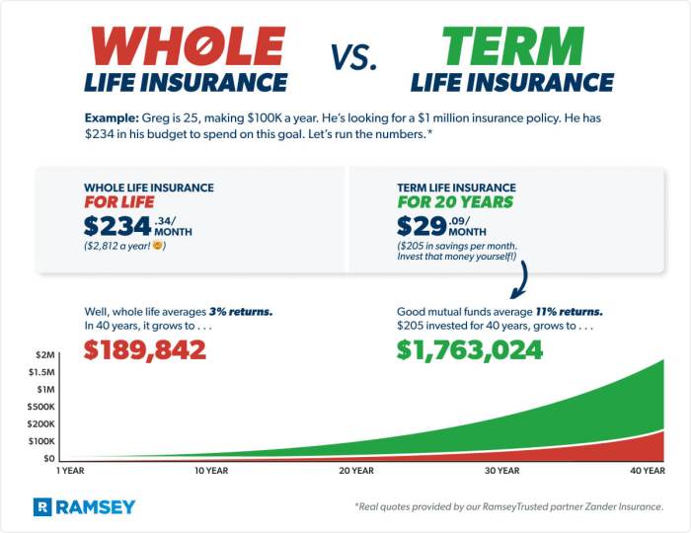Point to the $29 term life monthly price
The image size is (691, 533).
(x=421, y=225)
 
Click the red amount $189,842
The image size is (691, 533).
(x=144, y=349)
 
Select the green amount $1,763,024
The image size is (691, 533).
(x=470, y=349)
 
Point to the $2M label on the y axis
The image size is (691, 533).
(x=44, y=353)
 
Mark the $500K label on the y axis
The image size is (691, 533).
(x=41, y=407)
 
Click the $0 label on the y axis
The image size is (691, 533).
(x=48, y=459)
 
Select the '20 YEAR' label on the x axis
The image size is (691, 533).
(x=355, y=471)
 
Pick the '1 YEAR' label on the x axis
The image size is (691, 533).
(x=71, y=471)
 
